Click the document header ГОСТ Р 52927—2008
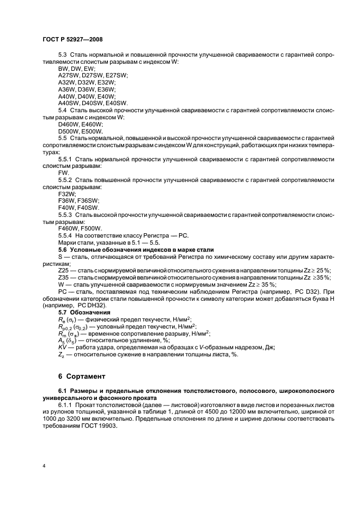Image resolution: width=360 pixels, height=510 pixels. coord(72,40)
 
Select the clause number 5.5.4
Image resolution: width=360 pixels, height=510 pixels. coord(66,235)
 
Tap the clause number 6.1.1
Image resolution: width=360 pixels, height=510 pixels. coord(65,405)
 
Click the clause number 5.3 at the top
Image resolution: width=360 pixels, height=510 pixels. coord(63,55)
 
